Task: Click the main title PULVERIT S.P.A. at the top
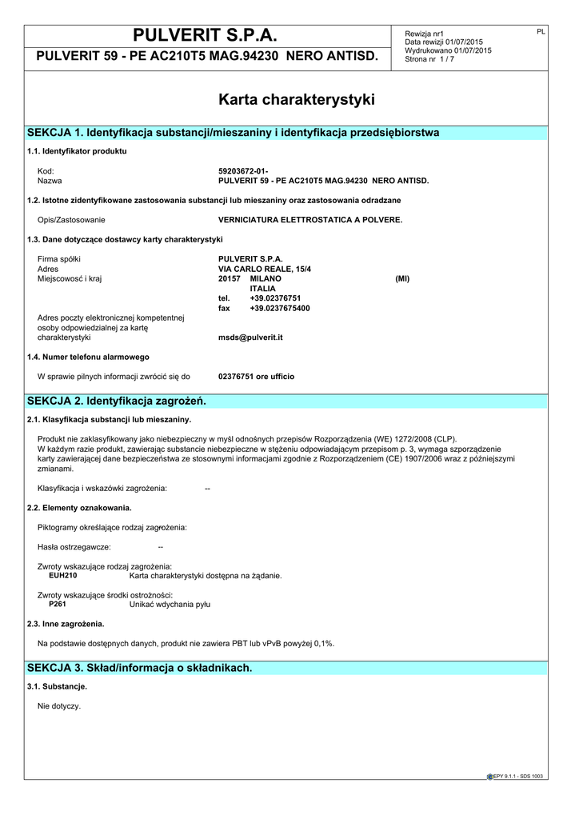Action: coord(206,35)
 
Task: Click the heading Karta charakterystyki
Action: coord(296,100)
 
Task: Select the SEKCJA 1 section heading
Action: coord(233,132)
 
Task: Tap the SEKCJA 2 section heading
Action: coord(117,400)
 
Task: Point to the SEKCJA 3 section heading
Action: coord(139,667)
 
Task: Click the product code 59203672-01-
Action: coord(243,171)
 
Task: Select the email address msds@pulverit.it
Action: coord(250,338)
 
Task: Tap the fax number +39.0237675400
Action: coord(279,308)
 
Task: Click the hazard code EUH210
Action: coord(63,576)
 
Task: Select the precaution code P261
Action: coord(58,605)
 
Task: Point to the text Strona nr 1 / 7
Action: coord(429,59)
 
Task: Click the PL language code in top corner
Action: coord(541,31)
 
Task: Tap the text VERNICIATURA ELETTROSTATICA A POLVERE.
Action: coord(310,219)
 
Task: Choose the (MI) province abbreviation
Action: coord(402,279)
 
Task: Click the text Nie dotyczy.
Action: coord(59,706)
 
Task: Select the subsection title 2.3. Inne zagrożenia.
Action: coord(66,624)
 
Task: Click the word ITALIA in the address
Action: coord(263,289)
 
